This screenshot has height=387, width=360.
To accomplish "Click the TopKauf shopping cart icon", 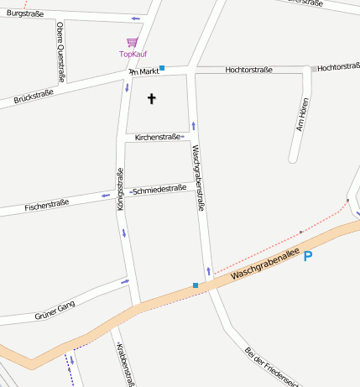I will (x=132, y=42).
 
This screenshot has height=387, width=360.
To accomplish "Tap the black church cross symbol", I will (x=152, y=99).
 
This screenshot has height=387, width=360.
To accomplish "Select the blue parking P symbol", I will (x=308, y=256).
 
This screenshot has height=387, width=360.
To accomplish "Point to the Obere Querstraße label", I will (x=60, y=39).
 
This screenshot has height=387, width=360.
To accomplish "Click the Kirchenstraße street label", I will (x=158, y=137).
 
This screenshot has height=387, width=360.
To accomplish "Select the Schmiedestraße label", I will (x=159, y=189).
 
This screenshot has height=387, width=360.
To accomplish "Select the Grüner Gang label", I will (x=55, y=311).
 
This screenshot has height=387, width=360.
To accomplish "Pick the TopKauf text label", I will (x=133, y=55).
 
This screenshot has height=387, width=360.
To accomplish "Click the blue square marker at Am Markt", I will (x=162, y=67).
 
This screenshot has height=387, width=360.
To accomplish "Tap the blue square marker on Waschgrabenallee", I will (x=196, y=285).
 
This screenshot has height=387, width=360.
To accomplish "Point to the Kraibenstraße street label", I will (x=125, y=363).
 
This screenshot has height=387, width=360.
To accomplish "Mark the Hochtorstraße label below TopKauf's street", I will (x=248, y=70).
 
